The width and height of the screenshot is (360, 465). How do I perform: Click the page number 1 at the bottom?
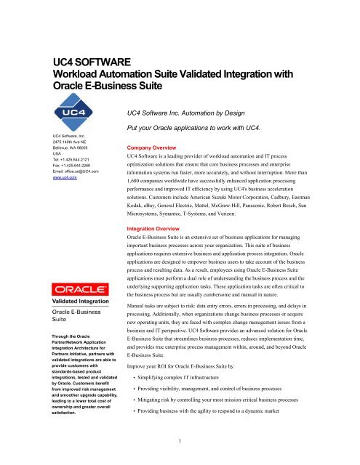(180, 458)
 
